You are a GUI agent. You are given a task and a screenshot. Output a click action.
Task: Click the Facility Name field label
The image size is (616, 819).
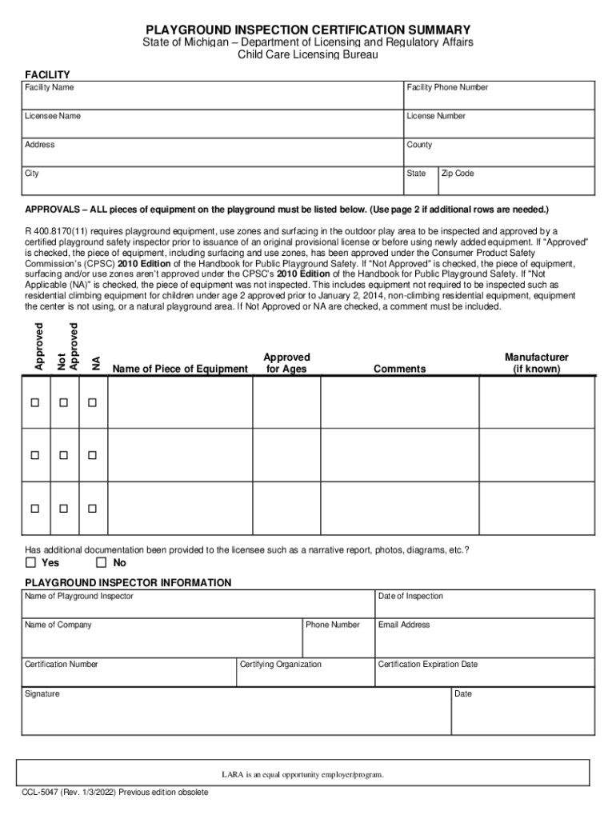(50, 87)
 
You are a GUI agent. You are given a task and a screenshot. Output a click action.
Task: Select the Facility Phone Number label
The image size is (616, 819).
(446, 87)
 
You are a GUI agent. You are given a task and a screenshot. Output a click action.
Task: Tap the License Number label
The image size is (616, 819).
(435, 116)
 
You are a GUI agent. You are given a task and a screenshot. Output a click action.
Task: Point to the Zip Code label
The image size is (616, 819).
(458, 174)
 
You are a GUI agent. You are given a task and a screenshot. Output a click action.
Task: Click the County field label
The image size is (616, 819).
(419, 145)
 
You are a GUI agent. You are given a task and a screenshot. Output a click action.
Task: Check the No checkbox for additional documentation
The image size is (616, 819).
(100, 563)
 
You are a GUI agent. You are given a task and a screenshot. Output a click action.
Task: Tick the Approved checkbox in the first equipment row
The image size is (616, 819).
(35, 402)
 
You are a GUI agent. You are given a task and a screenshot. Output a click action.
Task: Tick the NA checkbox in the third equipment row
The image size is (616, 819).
(92, 509)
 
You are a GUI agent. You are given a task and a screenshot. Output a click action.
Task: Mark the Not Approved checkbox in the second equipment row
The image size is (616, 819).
(64, 455)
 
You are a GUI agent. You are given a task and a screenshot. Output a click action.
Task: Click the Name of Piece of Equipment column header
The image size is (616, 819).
(180, 369)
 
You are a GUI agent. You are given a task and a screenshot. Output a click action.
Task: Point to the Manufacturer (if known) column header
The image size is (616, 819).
(536, 363)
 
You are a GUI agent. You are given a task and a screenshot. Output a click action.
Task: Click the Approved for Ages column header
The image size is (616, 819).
(286, 363)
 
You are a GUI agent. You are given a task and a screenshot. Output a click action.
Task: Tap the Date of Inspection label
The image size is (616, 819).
(410, 596)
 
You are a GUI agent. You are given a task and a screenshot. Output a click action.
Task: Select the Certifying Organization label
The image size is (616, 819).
(281, 665)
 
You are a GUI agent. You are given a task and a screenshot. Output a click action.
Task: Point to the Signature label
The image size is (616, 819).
(42, 694)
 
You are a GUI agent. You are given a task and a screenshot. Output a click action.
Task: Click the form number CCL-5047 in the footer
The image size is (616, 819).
(46, 793)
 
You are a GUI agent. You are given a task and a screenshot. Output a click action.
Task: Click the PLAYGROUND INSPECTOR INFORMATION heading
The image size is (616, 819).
(128, 582)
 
